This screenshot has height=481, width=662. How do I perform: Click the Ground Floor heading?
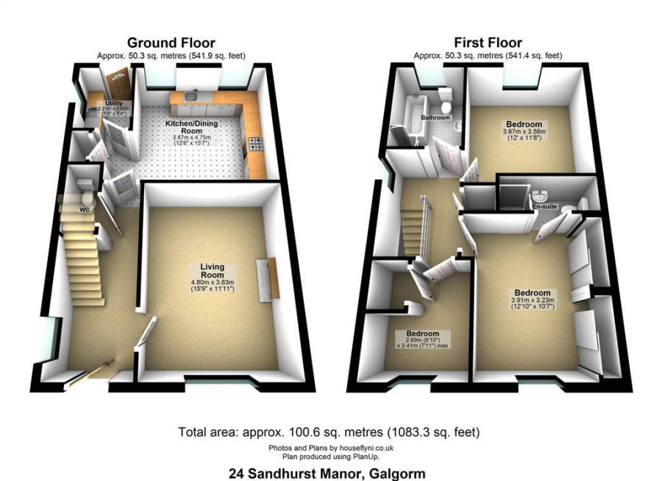click(171, 43)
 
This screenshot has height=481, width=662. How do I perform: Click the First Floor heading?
click(487, 43)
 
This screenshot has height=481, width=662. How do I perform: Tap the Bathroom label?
click(435, 118)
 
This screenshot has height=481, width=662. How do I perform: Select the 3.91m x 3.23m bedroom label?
click(532, 292)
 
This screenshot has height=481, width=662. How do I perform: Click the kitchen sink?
click(191, 96)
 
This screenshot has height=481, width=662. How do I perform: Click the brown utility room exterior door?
click(116, 83)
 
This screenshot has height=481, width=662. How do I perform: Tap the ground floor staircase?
click(82, 261)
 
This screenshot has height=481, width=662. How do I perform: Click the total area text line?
click(330, 431)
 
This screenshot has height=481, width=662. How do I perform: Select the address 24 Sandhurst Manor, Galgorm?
click(331, 472)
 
